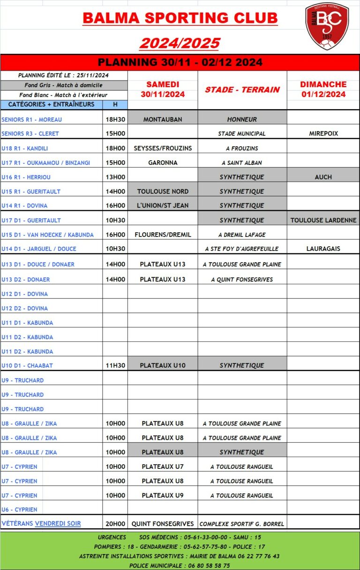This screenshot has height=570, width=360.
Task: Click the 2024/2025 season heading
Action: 180,43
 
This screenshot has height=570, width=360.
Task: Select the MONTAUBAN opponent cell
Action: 163,119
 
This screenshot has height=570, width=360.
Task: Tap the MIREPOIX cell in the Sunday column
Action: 323,133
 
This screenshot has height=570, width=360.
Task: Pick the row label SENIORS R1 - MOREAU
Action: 32,119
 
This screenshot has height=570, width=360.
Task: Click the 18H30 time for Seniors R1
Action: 115,119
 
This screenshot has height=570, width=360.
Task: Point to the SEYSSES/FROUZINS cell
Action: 163,148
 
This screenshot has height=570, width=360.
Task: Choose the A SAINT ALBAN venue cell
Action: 242,163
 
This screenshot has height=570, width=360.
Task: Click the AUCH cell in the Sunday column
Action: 323,177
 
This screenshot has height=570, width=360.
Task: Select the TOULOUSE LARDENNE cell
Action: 323,220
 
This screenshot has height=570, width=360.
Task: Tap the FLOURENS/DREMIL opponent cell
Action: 163,235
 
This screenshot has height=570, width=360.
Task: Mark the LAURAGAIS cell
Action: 323,249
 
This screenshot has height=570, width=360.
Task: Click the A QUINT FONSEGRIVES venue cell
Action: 242,280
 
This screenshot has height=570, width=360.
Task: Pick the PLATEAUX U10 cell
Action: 163,365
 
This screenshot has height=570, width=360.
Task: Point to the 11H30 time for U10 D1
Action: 115,365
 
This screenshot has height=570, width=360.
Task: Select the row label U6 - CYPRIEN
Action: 20,510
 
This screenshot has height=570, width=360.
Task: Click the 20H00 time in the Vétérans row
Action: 115,524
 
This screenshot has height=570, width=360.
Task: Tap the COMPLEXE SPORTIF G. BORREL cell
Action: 242,524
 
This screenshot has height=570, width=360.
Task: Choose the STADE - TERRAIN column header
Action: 242,89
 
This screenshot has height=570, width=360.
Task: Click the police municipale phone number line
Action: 180,565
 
